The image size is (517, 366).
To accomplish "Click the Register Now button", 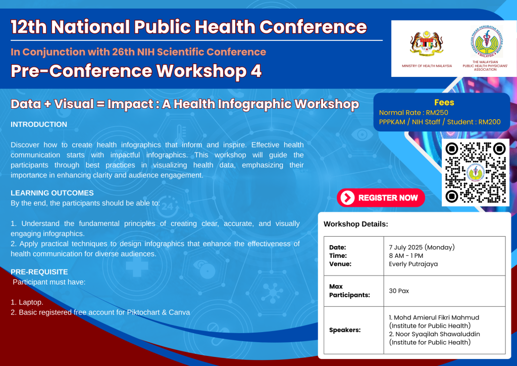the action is [x=381, y=198].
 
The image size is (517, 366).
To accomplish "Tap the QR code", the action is [x=476, y=172].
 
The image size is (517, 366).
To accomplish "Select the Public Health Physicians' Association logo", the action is [x=487, y=42].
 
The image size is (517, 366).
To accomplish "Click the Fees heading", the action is [x=444, y=102].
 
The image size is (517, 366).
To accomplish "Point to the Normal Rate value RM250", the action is [x=437, y=113].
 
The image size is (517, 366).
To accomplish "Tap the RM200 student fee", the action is [x=489, y=122].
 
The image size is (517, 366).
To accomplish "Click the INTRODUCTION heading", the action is [x=39, y=124].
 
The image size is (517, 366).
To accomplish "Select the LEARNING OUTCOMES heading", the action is [x=52, y=193].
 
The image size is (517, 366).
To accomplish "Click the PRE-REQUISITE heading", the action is [x=39, y=271].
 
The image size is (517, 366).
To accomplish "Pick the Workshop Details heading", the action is [x=356, y=224].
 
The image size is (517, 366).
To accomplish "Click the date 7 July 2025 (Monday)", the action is [x=422, y=247].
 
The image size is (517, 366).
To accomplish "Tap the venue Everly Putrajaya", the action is [x=413, y=264].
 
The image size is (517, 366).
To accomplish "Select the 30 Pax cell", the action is [x=399, y=291].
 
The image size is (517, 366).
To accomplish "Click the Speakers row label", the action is [x=345, y=330].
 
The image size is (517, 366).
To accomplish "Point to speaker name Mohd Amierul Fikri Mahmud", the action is [x=436, y=317].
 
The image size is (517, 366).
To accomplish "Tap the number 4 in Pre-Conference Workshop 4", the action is [x=256, y=71].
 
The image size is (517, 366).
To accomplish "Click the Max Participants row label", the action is [x=349, y=291].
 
